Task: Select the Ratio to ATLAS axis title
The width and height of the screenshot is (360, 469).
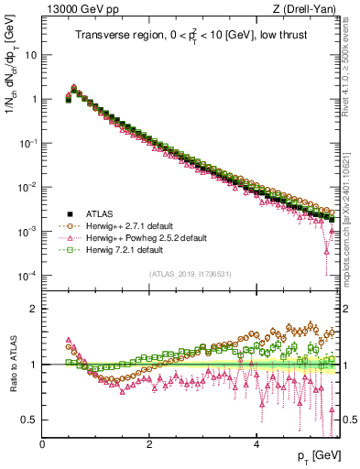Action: point(13,364)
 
